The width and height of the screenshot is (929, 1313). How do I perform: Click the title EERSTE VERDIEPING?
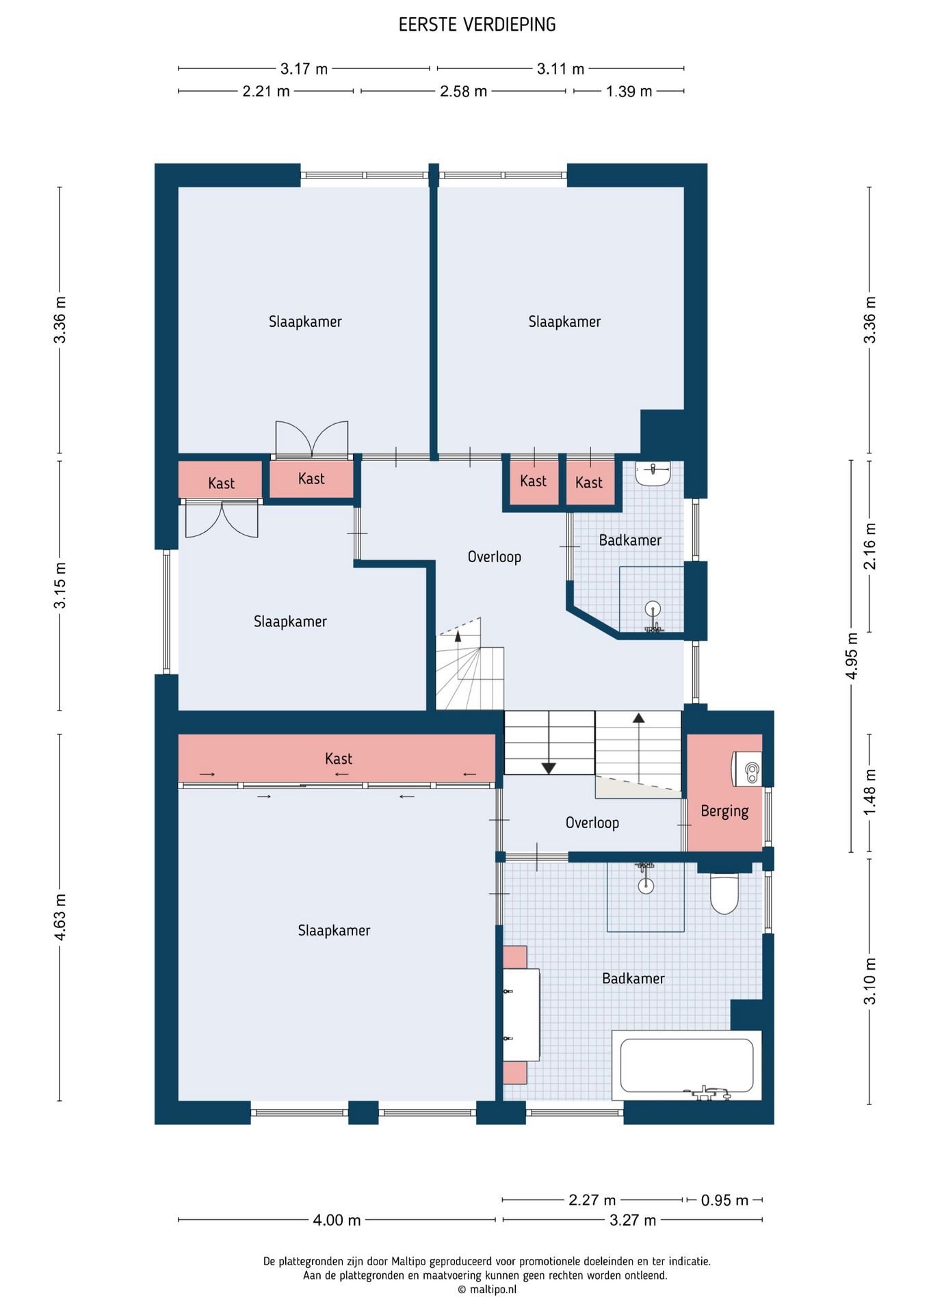477,25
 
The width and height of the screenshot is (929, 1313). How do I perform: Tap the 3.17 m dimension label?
304,68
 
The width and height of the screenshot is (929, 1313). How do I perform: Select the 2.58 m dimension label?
463,91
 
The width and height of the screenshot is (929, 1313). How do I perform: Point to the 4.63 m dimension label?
60,916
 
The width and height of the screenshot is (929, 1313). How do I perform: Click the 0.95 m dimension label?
724,1199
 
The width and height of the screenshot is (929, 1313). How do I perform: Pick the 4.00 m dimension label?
337,1220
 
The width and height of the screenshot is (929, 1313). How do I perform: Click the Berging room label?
724,811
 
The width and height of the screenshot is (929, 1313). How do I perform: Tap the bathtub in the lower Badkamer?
687,1065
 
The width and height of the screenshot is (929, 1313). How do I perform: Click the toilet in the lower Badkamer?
724,892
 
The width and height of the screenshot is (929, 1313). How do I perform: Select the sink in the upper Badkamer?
653,473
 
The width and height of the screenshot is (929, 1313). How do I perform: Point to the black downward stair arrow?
549,768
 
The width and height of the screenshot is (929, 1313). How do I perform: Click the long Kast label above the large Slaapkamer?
339,758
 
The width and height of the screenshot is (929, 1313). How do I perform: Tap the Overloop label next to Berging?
592,823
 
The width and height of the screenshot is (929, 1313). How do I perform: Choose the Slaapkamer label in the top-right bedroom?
564,321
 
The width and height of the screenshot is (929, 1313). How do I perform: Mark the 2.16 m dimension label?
869,546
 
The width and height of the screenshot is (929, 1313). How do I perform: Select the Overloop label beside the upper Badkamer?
495,557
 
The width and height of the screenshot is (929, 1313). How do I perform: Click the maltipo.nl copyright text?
487,1290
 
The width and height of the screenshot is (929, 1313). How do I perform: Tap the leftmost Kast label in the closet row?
221,483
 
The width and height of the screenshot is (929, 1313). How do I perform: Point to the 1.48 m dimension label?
869,792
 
